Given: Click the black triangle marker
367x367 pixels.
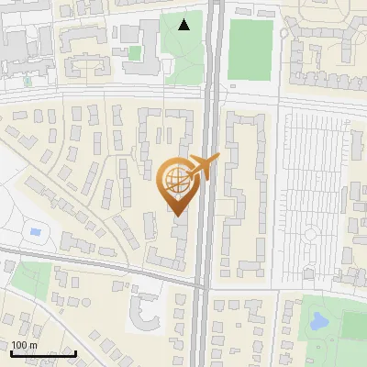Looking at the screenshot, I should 184,24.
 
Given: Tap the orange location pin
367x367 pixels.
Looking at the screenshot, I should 176,183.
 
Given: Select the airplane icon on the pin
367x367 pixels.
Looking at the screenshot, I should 202,167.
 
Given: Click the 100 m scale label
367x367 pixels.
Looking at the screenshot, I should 24,344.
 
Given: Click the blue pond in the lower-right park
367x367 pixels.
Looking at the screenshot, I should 319,322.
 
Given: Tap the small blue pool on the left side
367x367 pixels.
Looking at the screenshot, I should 35,231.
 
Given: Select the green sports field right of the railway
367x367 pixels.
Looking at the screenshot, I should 250,49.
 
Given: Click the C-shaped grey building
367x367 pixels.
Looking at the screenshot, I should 145,312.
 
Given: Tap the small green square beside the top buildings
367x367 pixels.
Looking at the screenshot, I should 135,53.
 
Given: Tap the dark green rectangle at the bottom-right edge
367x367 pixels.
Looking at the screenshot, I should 354,326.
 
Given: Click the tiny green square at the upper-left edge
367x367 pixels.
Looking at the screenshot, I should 27,82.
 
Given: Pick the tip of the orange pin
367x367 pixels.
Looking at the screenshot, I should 176,216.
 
